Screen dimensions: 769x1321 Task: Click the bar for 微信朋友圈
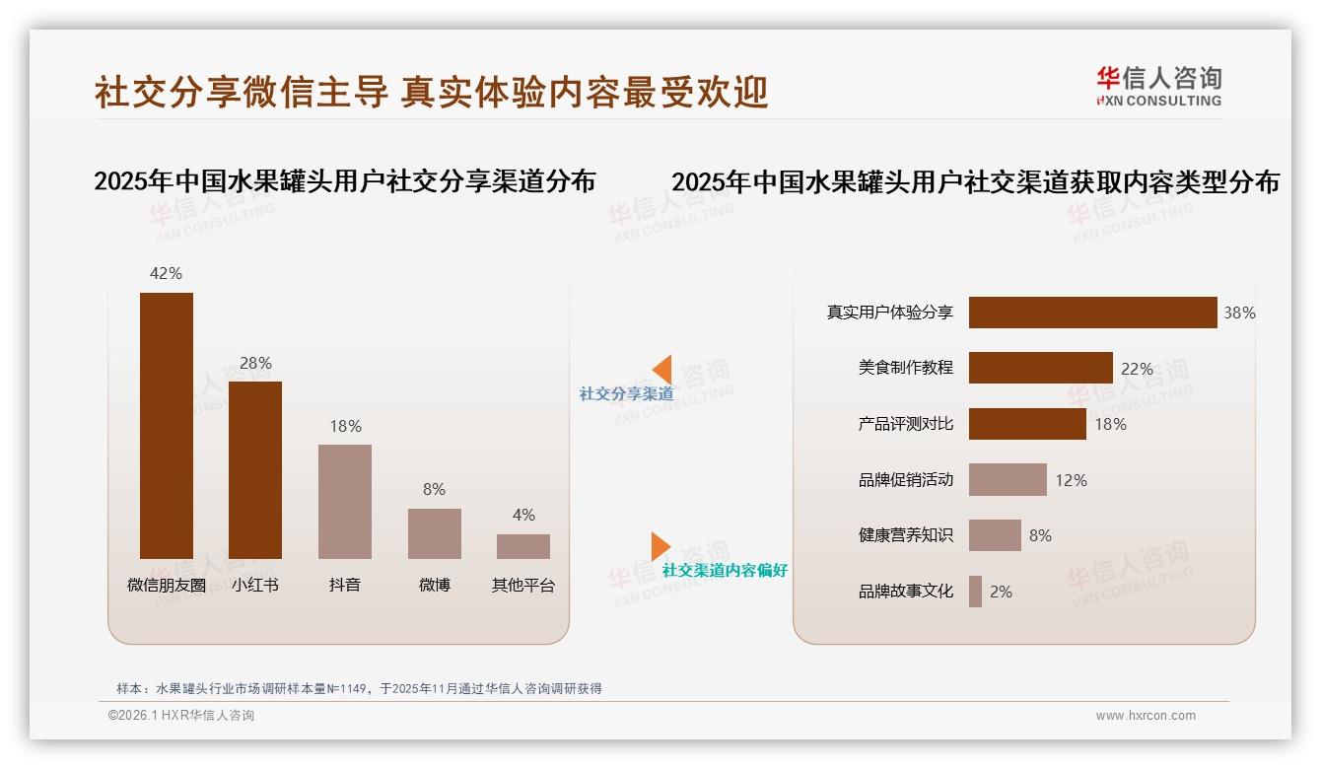[167, 425]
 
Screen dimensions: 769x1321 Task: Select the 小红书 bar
[255, 469]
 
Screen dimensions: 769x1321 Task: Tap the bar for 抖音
[345, 501]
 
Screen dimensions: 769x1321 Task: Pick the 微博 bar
[434, 533]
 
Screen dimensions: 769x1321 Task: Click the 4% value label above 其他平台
[523, 515]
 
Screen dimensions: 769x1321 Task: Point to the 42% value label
[166, 273]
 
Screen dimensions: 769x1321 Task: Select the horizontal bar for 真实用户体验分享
[1092, 313]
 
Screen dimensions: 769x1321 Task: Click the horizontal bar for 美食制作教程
[1040, 368]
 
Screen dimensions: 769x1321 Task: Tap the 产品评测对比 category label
[905, 424]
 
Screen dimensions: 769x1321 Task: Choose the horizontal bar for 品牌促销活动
[1008, 480]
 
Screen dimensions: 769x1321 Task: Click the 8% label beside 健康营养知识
[1040, 535]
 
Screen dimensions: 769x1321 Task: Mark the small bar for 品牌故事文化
[975, 592]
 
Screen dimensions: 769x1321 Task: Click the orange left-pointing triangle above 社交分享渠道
[662, 370]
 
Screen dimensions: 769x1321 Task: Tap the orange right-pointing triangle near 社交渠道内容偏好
[660, 546]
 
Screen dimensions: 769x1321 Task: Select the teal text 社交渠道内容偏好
[725, 571]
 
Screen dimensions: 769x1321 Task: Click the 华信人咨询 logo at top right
[1158, 86]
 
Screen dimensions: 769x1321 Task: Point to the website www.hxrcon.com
[1146, 716]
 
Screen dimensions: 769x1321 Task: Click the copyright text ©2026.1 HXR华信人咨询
[181, 716]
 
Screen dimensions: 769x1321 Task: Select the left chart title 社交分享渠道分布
[344, 181]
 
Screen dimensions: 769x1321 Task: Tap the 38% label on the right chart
[1239, 313]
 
